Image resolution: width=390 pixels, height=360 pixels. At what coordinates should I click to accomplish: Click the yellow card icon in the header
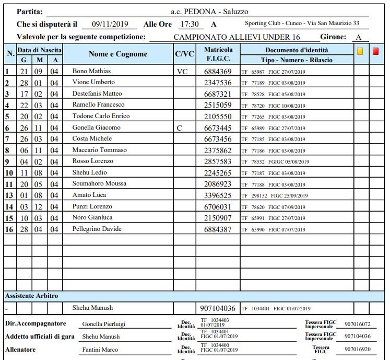click(x=360, y=51)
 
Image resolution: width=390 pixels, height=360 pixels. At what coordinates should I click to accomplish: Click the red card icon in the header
click(x=376, y=51)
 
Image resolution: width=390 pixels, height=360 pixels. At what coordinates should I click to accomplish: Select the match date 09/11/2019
click(x=110, y=24)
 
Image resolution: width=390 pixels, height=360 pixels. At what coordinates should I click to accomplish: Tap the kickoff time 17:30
click(x=188, y=24)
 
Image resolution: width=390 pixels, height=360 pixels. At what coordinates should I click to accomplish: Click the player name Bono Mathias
click(x=91, y=71)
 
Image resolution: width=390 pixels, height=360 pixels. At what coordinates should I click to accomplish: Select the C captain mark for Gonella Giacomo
click(x=180, y=127)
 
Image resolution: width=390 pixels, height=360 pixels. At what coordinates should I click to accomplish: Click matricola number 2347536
click(x=218, y=83)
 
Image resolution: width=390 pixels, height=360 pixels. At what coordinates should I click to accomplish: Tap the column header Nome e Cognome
click(x=118, y=54)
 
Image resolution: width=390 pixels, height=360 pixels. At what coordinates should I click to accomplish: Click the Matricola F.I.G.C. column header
click(x=218, y=54)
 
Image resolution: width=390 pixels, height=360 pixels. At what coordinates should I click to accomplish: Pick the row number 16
click(x=9, y=229)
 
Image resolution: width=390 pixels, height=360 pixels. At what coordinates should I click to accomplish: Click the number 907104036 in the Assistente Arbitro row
click(x=218, y=308)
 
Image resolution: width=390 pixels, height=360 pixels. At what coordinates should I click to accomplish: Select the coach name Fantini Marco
click(x=100, y=350)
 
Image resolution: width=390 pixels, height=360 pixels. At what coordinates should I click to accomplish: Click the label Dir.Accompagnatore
click(x=36, y=323)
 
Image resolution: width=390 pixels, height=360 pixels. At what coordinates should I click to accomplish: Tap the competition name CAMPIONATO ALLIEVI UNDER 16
click(x=237, y=38)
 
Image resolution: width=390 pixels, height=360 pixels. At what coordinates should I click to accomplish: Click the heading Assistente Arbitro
click(x=32, y=296)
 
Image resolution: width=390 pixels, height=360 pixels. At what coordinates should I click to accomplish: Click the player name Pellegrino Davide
click(x=97, y=229)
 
